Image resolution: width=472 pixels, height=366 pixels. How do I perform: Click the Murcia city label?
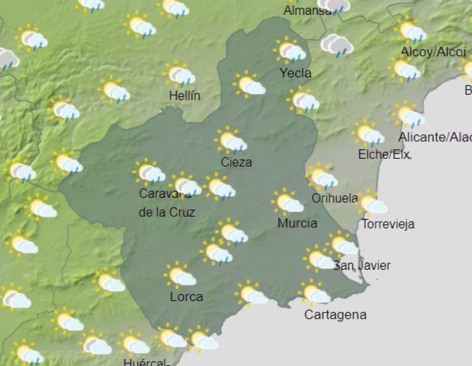pyautogui.click(x=297, y=223)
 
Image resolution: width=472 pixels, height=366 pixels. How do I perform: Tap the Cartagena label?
pyautogui.click(x=335, y=315)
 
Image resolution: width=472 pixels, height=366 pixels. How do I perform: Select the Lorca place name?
pyautogui.click(x=186, y=296)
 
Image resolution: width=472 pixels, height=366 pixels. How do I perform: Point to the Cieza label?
pyautogui.click(x=236, y=162)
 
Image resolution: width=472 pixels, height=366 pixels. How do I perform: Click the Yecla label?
pyautogui.click(x=296, y=73)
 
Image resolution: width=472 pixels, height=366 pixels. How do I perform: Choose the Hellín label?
pyautogui.click(x=184, y=96)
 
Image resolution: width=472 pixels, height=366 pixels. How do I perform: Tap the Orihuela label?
pyautogui.click(x=335, y=198)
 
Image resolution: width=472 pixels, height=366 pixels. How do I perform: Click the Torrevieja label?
pyautogui.click(x=388, y=224)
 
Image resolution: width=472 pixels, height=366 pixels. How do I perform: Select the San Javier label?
pyautogui.click(x=362, y=266)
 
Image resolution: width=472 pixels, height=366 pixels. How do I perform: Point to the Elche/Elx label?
pyautogui.click(x=384, y=155)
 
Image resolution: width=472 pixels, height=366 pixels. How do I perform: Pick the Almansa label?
pyautogui.click(x=307, y=11)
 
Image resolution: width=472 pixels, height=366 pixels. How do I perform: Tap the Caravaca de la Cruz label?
pyautogui.click(x=167, y=202)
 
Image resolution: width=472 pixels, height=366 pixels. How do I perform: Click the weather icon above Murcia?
pyautogui.click(x=288, y=202)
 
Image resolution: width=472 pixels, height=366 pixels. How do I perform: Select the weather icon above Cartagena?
pyautogui.click(x=314, y=293)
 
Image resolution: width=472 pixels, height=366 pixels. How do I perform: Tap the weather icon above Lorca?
pyautogui.click(x=180, y=275)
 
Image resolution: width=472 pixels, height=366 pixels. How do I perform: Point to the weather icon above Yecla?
pyautogui.click(x=290, y=51)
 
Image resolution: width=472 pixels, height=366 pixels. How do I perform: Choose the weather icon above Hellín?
pyautogui.click(x=180, y=74)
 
